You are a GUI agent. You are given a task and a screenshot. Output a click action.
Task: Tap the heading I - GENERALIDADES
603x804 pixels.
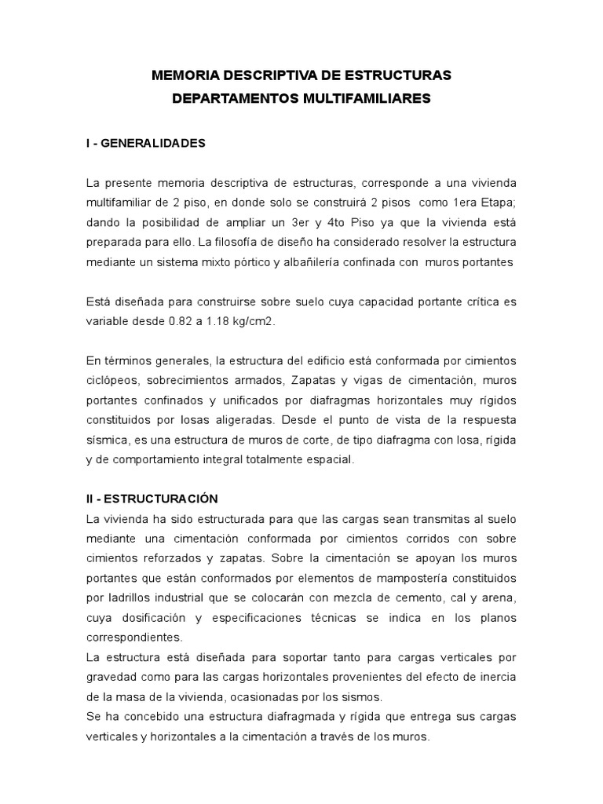coord(146,143)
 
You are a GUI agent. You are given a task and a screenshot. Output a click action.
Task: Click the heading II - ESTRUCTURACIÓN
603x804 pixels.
coord(152,499)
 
